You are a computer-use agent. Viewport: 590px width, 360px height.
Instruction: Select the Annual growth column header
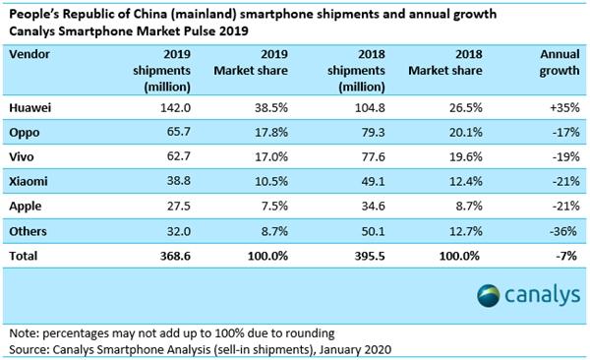pyautogui.click(x=554, y=64)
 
